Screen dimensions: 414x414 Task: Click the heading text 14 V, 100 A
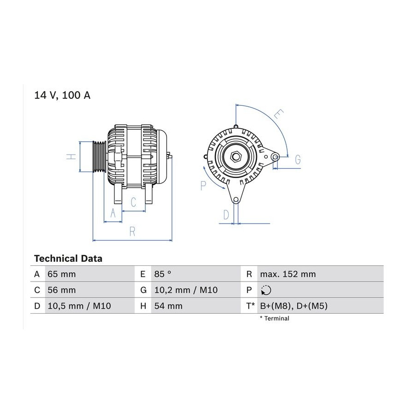tap(62, 95)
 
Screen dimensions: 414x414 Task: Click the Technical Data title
tap(68, 259)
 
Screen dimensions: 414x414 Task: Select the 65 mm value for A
tap(62, 274)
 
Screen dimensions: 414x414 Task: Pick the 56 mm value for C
tap(62, 290)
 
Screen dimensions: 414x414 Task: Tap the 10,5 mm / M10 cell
tap(79, 306)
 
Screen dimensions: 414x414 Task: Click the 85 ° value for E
tap(163, 274)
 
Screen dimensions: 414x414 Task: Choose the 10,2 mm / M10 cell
tap(186, 290)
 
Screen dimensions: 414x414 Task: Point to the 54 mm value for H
tap(168, 306)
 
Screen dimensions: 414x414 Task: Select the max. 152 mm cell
tap(288, 274)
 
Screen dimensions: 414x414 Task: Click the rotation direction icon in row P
tap(266, 290)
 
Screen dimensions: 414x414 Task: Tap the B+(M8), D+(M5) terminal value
tap(293, 306)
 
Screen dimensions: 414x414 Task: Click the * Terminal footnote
tap(275, 318)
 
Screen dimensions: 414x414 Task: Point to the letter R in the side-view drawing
tap(132, 231)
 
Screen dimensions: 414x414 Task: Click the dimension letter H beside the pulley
tap(71, 156)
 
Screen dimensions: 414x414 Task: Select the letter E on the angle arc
tap(279, 115)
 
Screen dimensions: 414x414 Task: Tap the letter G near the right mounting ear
tap(298, 160)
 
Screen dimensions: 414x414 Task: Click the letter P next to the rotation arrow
tap(203, 186)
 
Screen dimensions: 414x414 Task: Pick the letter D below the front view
tap(226, 215)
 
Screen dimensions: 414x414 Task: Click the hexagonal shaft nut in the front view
tap(236, 157)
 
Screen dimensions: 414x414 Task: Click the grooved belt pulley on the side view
tap(99, 156)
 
